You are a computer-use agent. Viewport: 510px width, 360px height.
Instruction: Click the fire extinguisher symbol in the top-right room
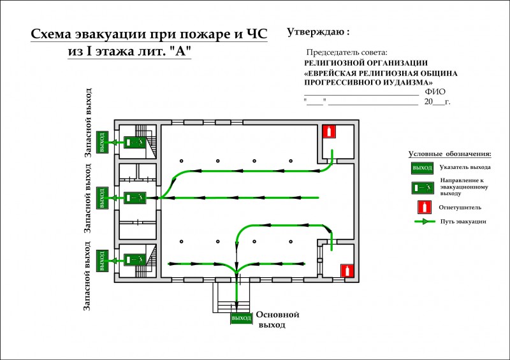[x=329, y=132]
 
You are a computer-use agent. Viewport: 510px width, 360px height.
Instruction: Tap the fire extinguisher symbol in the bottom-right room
[x=347, y=271]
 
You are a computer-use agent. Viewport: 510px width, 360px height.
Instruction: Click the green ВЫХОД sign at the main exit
[x=242, y=318]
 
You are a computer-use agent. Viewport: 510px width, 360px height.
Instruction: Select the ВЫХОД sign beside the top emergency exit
[x=102, y=142]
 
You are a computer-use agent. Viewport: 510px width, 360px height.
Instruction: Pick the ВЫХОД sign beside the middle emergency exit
[x=102, y=198]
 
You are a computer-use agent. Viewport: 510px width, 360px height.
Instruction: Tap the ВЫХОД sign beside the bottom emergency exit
[x=102, y=261]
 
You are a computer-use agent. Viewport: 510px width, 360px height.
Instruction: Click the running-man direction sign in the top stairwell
[x=135, y=142]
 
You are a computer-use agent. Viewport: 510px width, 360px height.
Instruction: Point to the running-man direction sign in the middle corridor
[x=135, y=198]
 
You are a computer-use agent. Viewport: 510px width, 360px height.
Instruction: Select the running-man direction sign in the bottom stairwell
[x=135, y=259]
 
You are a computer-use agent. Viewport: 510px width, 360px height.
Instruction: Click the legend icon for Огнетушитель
[x=425, y=207]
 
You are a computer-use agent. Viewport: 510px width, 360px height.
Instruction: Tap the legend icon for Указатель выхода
[x=422, y=168]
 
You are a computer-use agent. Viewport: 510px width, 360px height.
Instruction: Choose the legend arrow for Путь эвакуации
[x=425, y=222]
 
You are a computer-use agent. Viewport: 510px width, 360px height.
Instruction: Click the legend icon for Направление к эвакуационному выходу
[x=423, y=188]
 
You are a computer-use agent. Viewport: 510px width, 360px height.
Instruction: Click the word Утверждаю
[x=316, y=32]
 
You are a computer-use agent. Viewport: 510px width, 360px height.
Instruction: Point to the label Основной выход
[x=277, y=319]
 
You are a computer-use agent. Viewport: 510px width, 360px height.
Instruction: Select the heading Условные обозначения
[x=450, y=154]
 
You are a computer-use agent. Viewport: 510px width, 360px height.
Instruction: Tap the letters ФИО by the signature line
[x=435, y=92]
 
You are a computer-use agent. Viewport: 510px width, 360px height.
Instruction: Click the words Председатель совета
[x=347, y=52]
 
